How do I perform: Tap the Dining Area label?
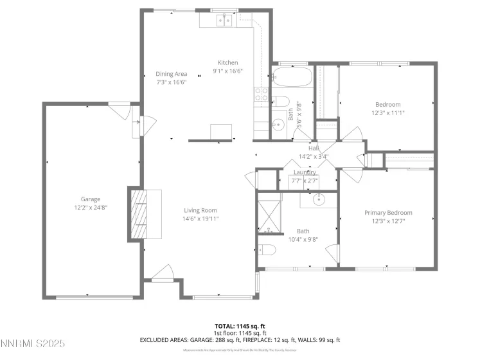[172, 74]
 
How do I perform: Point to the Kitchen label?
[227, 62]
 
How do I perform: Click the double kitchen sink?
[224, 21]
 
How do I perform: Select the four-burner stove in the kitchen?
[262, 94]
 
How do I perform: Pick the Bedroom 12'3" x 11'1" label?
[387, 105]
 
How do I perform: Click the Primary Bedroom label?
[388, 213]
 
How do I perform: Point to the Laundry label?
[305, 172]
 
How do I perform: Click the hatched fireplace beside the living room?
[139, 213]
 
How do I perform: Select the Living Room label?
[200, 210]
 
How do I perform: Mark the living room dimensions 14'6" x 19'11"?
[200, 219]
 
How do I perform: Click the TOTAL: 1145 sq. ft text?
[240, 326]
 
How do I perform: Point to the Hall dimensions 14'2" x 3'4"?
[314, 156]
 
